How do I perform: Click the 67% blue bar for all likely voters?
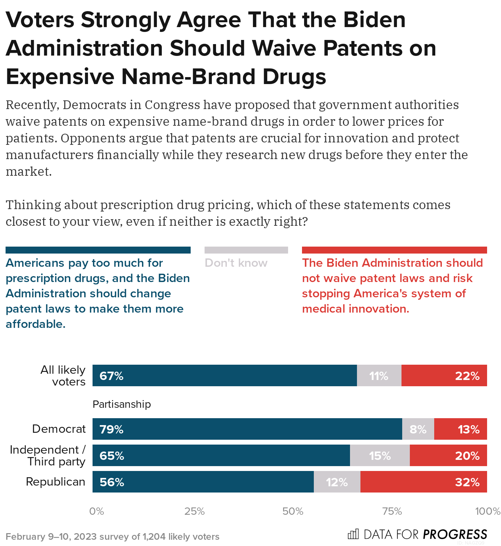click(224, 375)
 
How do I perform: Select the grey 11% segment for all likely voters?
click(379, 375)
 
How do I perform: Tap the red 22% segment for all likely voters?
click(444, 375)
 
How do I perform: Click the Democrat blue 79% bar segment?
click(247, 429)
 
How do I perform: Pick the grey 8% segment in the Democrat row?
click(418, 429)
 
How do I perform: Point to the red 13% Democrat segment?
click(460, 429)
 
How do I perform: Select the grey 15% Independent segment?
click(380, 455)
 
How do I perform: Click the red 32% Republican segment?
click(423, 482)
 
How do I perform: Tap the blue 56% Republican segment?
click(203, 482)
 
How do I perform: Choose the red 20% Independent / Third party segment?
click(448, 455)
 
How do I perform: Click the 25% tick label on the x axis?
click(194, 511)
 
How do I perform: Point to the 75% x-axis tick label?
click(392, 511)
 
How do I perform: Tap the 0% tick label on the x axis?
click(96, 511)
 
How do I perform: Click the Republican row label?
click(56, 482)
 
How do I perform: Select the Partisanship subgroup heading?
click(122, 404)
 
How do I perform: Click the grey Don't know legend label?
click(236, 263)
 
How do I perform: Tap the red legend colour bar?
click(394, 250)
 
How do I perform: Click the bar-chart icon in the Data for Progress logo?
click(353, 534)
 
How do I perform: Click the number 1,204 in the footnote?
click(154, 537)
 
